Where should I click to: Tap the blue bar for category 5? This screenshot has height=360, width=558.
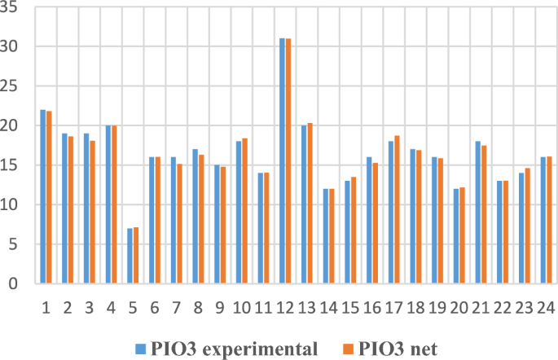point(129,256)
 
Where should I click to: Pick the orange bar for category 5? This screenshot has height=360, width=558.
point(135,256)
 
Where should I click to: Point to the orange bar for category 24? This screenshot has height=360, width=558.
point(549,220)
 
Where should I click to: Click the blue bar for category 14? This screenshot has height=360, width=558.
point(325,236)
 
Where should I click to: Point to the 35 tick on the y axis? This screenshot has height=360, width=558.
point(15,8)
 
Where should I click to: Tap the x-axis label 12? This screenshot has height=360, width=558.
point(284,307)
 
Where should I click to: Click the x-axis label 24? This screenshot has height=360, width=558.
point(545,307)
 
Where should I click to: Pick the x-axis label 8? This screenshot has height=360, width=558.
point(198,307)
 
